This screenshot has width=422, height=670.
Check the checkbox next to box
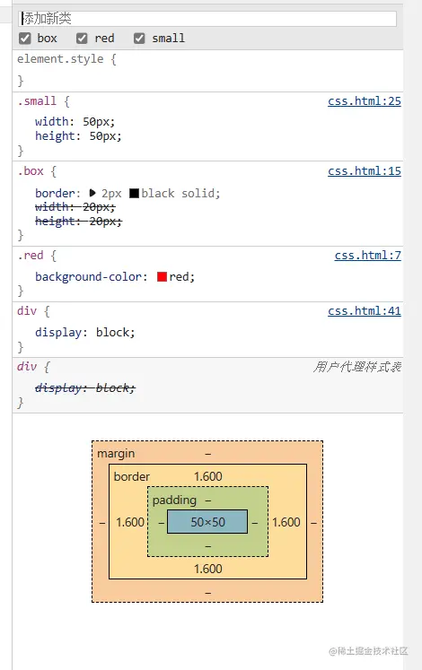point(24,39)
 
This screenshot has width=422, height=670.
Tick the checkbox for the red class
point(82,39)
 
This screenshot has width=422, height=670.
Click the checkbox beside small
point(139,39)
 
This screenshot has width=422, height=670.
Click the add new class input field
point(207,18)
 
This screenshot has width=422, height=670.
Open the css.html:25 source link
point(364,101)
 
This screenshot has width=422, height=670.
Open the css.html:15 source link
point(364,171)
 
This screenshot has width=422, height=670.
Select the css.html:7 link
point(367,256)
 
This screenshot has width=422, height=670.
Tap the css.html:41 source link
point(364,311)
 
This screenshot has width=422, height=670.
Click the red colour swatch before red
point(162,277)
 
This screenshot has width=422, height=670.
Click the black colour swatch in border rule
point(134,193)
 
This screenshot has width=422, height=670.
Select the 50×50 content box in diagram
point(207,522)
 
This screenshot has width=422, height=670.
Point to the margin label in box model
point(116,454)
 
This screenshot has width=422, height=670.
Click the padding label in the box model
point(174,500)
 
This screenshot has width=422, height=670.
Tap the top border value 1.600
point(207,476)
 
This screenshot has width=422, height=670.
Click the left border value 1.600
point(130,522)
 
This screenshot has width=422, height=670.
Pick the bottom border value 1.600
point(207,569)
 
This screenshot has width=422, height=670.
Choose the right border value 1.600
point(286,522)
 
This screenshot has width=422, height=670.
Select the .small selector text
point(37,101)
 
